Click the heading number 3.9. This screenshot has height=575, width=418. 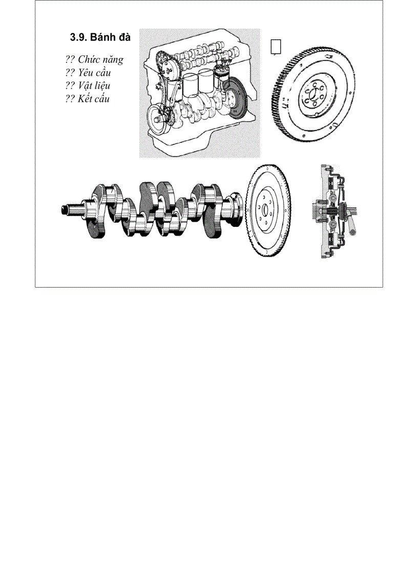(78, 38)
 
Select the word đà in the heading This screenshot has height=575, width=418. (125, 38)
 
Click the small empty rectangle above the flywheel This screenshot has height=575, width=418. (276, 46)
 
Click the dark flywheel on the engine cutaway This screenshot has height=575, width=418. (237, 97)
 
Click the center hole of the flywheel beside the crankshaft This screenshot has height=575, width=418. (266, 211)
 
